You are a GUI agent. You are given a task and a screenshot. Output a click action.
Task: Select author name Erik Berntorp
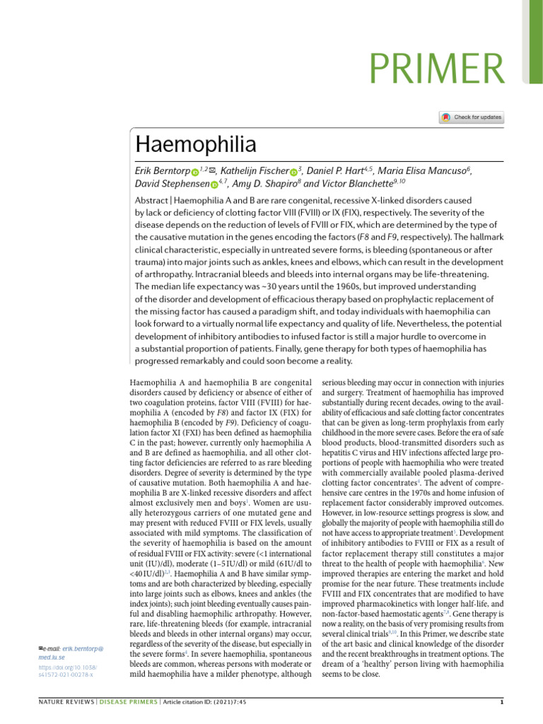161,172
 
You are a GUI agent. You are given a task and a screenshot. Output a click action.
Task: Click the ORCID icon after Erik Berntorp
194,173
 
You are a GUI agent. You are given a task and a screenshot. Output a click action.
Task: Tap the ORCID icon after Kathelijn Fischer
293,173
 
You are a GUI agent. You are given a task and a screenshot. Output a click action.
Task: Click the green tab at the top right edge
535,42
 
